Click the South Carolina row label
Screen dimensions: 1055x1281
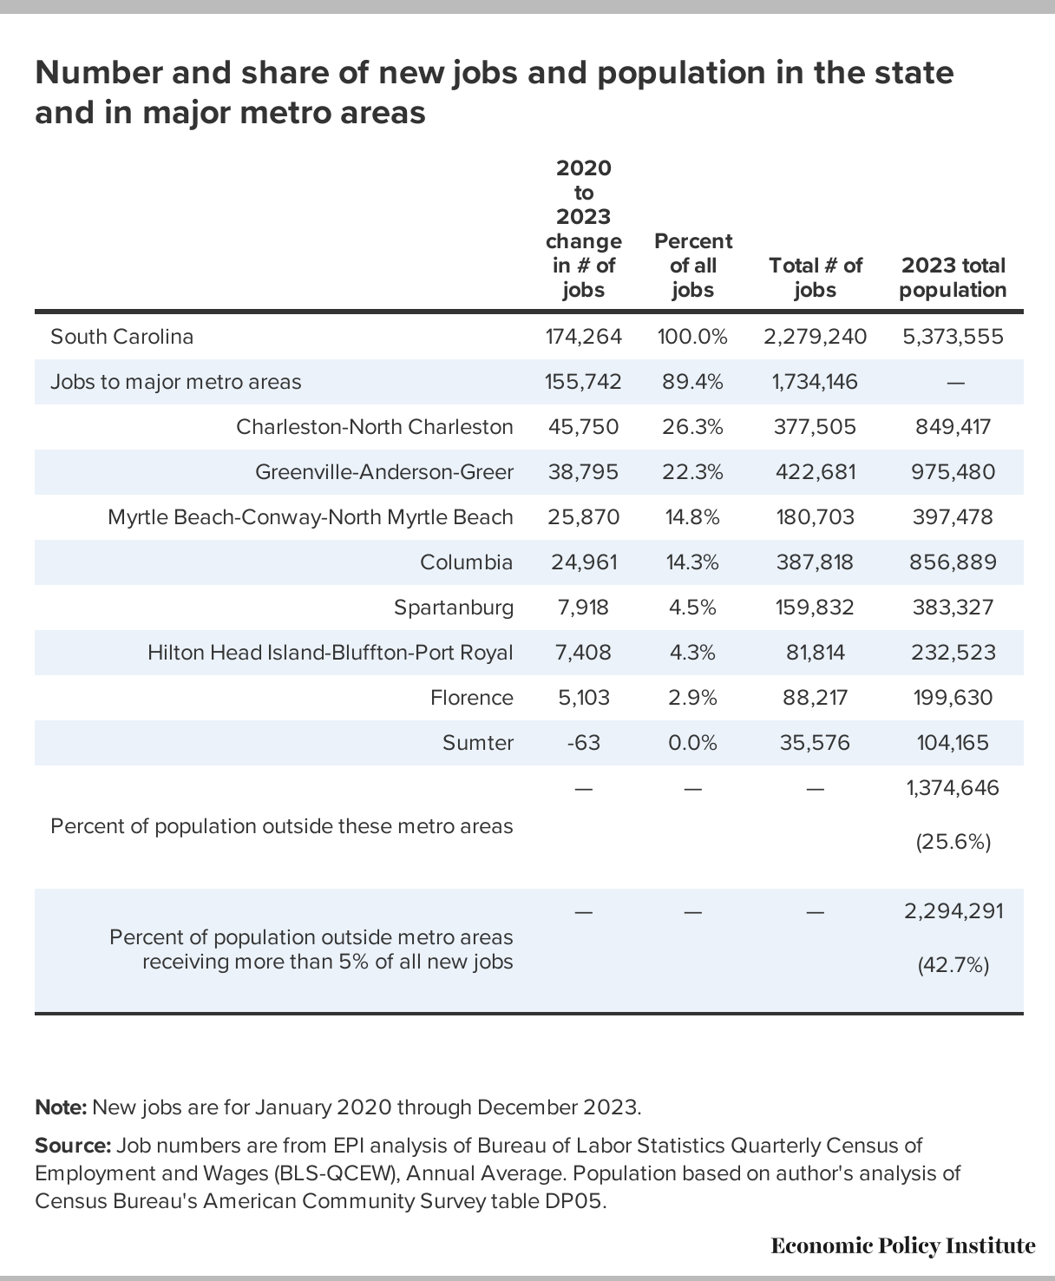(121, 336)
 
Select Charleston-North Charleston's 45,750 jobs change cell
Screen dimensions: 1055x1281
(583, 426)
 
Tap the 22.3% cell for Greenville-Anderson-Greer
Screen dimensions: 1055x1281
(692, 472)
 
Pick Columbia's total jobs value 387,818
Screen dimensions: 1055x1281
(815, 562)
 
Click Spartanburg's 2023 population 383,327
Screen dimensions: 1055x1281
(953, 608)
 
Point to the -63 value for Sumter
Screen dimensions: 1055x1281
(583, 742)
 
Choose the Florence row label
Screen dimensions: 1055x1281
(472, 698)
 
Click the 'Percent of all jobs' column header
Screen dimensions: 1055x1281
(693, 265)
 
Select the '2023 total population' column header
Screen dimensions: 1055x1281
(953, 278)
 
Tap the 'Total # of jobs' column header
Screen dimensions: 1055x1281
(816, 278)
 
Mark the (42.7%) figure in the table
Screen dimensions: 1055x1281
(953, 966)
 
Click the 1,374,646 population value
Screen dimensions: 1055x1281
(953, 788)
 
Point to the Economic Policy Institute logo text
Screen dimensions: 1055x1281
(903, 1245)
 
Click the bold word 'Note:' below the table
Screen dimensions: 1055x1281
(61, 1107)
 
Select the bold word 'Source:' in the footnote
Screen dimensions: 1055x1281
(73, 1146)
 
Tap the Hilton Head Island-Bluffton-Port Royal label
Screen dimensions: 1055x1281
(330, 652)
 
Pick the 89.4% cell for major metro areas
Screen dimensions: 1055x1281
(692, 382)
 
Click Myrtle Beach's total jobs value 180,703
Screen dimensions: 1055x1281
(815, 516)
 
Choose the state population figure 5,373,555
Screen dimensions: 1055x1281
(953, 336)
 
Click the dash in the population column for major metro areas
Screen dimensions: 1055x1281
(955, 384)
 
